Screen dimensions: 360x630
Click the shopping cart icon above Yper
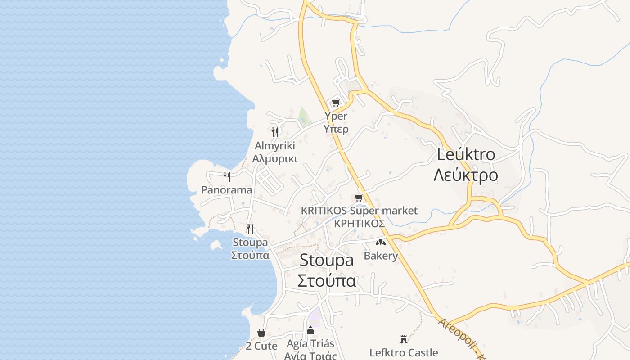336,103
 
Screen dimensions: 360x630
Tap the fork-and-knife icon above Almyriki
274,132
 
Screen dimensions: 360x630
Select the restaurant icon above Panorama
227,176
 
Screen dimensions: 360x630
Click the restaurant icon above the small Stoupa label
250,229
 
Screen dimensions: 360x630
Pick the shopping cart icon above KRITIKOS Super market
359,198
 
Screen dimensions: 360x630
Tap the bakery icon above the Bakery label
381,243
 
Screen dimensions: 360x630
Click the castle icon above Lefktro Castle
404,339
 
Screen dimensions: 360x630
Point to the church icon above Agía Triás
310,330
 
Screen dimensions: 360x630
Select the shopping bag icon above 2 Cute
261,333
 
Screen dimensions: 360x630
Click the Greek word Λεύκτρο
466,175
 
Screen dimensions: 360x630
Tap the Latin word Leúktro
466,154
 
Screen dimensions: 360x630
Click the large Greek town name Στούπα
327,280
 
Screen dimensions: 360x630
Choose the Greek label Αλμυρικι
275,159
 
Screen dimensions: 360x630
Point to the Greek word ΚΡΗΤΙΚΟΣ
359,224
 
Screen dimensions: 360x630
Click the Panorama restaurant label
226,190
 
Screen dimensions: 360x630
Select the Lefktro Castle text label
404,352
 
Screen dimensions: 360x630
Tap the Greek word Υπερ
336,129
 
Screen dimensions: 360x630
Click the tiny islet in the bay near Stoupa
216,244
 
